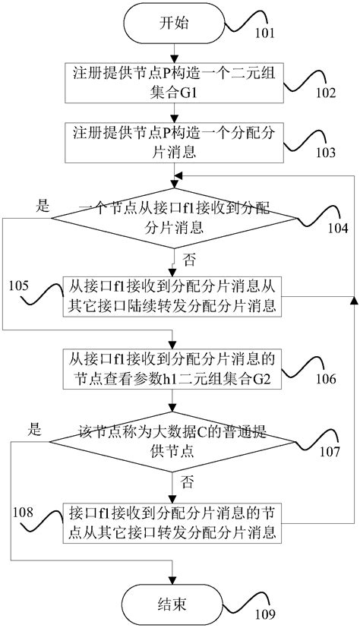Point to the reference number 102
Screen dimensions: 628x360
coord(326,95)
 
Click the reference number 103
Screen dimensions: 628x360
coord(326,152)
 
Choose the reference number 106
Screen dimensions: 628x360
coord(326,377)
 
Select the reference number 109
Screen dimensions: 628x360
coord(267,614)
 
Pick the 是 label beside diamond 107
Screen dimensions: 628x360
coord(33,428)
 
